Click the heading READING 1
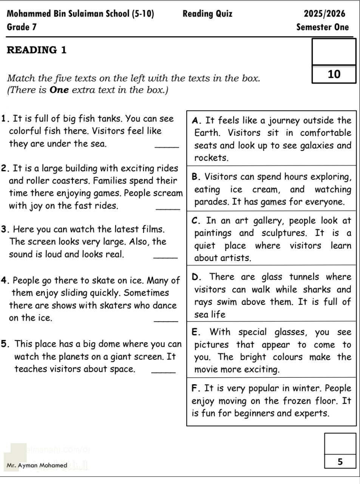coord(37,50)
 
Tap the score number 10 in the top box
coord(334,74)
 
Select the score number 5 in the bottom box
coord(340,462)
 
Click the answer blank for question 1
coord(167,146)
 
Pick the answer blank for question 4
coord(166,321)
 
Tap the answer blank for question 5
coord(163,372)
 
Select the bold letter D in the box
coord(196,277)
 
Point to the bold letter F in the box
coord(195,388)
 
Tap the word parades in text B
coord(211,202)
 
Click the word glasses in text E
coord(289,332)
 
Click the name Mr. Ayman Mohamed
coord(37,465)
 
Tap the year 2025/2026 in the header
coord(324,14)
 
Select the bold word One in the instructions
coord(59,90)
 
